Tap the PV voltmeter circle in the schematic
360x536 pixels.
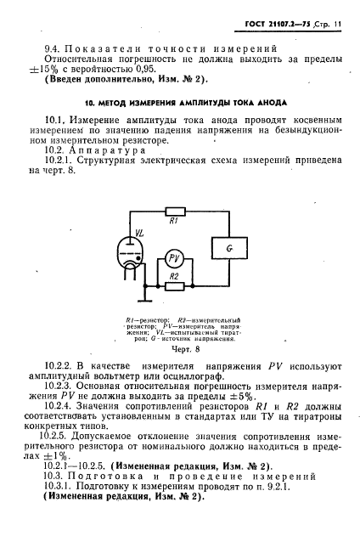coord(173,258)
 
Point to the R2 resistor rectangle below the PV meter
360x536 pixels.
coord(173,285)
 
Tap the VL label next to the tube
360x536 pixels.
coord(117,230)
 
